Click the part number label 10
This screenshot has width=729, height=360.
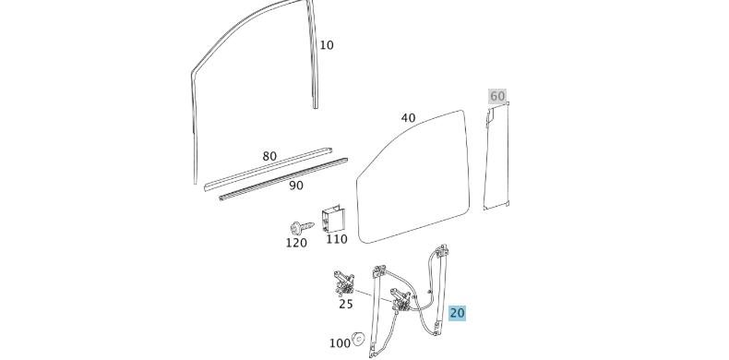(x=327, y=45)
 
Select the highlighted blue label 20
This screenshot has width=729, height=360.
(x=458, y=313)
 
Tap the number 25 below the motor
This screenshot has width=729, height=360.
(x=345, y=303)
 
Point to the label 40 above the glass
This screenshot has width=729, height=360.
(x=408, y=118)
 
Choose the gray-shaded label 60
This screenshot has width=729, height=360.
(x=497, y=97)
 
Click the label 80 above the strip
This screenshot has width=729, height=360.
(x=269, y=156)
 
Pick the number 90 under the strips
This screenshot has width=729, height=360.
(x=296, y=186)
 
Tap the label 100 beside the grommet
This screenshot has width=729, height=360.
(x=340, y=343)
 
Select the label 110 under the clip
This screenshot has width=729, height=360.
(x=337, y=239)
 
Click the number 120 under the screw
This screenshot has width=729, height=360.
(x=295, y=243)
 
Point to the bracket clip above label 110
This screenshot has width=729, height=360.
(x=332, y=219)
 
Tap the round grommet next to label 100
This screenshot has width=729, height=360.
(x=359, y=338)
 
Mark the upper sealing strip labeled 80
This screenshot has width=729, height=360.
(x=268, y=170)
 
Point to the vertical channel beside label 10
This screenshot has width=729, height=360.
(x=315, y=65)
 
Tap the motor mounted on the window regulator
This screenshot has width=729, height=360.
(x=402, y=302)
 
